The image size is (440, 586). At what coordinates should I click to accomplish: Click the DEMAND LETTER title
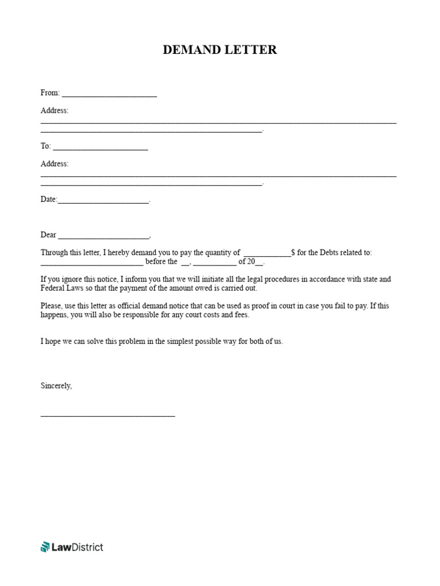pyautogui.click(x=219, y=50)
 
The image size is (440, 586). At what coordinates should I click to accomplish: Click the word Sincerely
pyautogui.click(x=56, y=386)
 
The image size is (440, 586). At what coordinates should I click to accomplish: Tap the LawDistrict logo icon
pyautogui.click(x=45, y=547)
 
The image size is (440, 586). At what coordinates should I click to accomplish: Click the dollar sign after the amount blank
pyautogui.click(x=293, y=252)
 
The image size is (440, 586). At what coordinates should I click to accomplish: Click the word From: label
pyautogui.click(x=50, y=93)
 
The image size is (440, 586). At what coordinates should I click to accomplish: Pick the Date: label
pyautogui.click(x=49, y=199)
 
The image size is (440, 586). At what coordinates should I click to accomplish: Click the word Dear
pyautogui.click(x=48, y=235)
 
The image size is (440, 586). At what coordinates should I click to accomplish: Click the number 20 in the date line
pyautogui.click(x=251, y=262)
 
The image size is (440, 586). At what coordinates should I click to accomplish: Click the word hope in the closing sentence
pyautogui.click(x=54, y=341)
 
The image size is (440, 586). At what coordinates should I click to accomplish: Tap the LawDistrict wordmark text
pyautogui.click(x=77, y=547)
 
